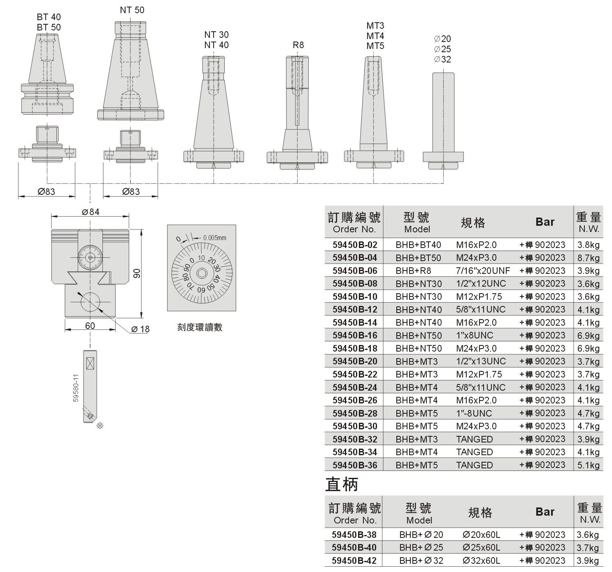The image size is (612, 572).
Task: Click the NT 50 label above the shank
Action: (x=132, y=10)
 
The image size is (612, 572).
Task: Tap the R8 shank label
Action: (x=298, y=45)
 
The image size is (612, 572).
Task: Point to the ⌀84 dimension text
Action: (x=91, y=212)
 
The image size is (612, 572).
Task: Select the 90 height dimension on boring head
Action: (x=137, y=273)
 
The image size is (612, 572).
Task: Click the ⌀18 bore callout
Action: (x=140, y=329)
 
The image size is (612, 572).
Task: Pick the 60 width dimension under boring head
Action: (x=90, y=326)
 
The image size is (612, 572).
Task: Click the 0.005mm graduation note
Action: (x=215, y=238)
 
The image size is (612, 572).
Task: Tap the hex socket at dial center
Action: (x=202, y=273)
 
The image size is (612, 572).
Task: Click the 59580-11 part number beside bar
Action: (x=76, y=388)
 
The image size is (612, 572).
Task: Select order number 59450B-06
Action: (x=355, y=271)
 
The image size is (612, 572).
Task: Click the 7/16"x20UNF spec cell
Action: (x=483, y=271)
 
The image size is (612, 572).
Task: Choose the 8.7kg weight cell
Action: (x=588, y=258)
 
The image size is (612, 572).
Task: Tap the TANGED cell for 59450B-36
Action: (x=475, y=465)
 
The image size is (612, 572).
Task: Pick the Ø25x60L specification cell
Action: (x=481, y=547)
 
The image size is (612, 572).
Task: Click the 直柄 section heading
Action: (x=342, y=484)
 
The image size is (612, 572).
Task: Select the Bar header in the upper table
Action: (x=545, y=222)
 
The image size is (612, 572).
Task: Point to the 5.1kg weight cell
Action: (x=588, y=465)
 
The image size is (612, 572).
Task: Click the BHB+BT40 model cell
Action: (x=418, y=245)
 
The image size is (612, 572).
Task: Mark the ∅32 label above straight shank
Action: (x=442, y=59)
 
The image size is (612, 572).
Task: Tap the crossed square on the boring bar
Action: (x=90, y=363)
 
